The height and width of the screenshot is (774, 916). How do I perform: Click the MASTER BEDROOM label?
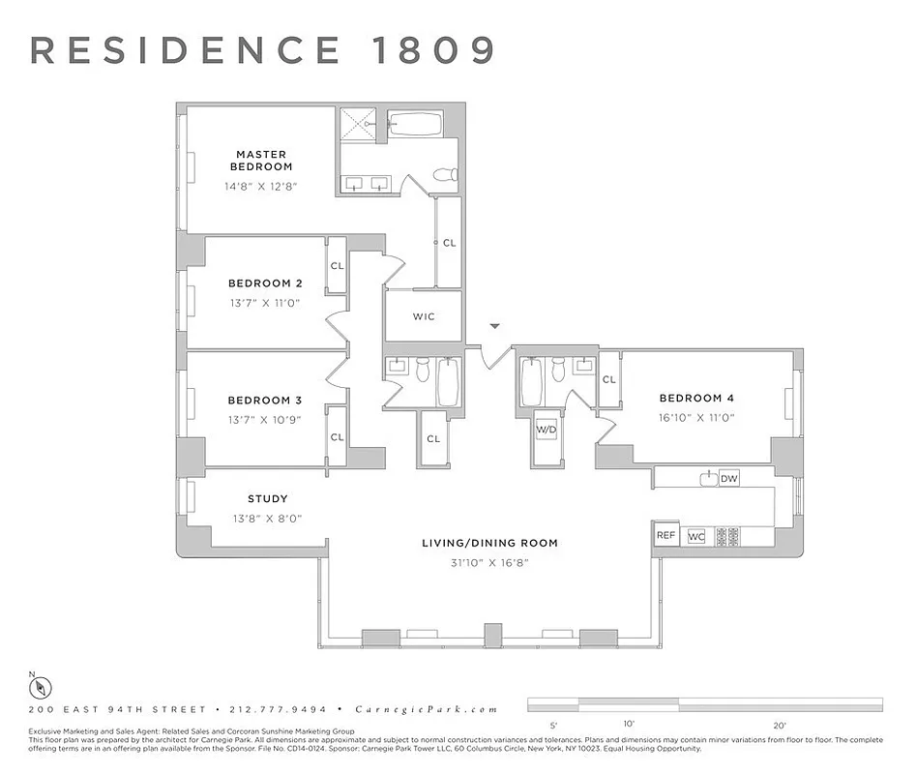point(261,161)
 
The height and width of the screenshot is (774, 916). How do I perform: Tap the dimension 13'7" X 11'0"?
point(265,303)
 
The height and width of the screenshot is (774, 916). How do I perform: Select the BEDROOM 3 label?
point(265,400)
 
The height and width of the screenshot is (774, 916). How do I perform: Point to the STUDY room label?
point(267,499)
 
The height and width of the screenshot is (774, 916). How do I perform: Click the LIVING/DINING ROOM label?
point(489,543)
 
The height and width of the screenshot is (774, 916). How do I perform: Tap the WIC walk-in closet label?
point(424,316)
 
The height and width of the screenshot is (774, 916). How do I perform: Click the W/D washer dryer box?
point(547,429)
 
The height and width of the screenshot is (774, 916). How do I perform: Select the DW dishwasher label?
point(728,478)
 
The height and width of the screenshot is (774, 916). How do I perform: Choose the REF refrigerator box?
point(665,535)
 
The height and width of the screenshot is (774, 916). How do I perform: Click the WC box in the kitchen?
point(695,536)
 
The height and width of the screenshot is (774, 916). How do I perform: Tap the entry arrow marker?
point(495,328)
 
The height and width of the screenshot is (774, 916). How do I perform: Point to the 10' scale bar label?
point(629,724)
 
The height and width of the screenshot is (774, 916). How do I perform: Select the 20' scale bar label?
point(780,724)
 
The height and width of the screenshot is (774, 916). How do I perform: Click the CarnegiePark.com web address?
point(427,709)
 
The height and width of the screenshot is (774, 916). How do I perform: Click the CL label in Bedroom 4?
point(608,379)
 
